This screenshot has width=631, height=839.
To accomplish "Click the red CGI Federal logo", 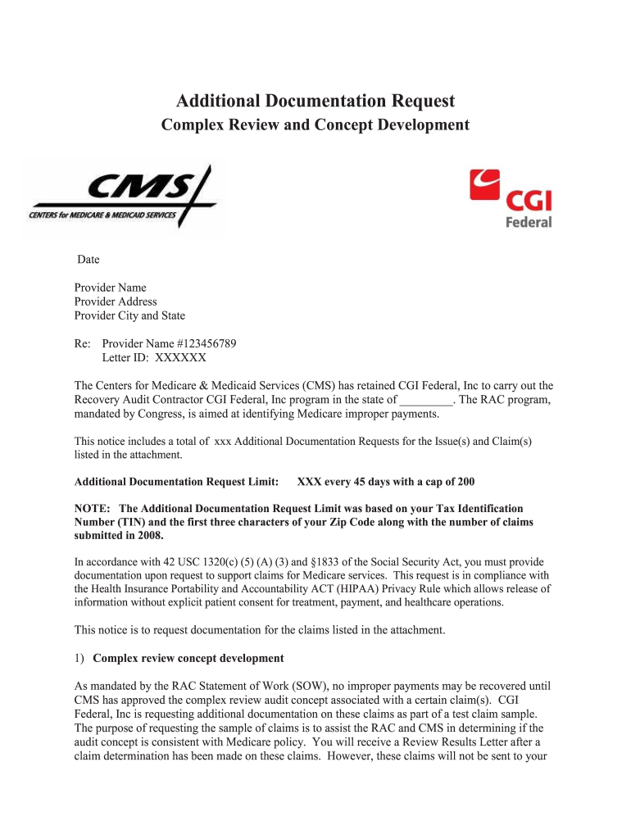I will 511,197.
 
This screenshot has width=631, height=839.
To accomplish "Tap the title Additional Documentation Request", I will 315,102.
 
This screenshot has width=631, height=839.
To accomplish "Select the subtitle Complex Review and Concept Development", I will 315,125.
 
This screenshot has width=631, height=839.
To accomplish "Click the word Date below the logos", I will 89,260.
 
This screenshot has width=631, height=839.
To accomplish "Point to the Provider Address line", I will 116,302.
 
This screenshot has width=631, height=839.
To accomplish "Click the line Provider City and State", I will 129,315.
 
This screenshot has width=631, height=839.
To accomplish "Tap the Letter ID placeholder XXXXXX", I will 180,358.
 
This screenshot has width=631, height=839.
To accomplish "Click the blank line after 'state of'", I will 426,401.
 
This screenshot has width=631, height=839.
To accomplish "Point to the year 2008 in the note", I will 149,536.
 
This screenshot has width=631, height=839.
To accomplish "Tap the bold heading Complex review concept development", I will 188,658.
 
